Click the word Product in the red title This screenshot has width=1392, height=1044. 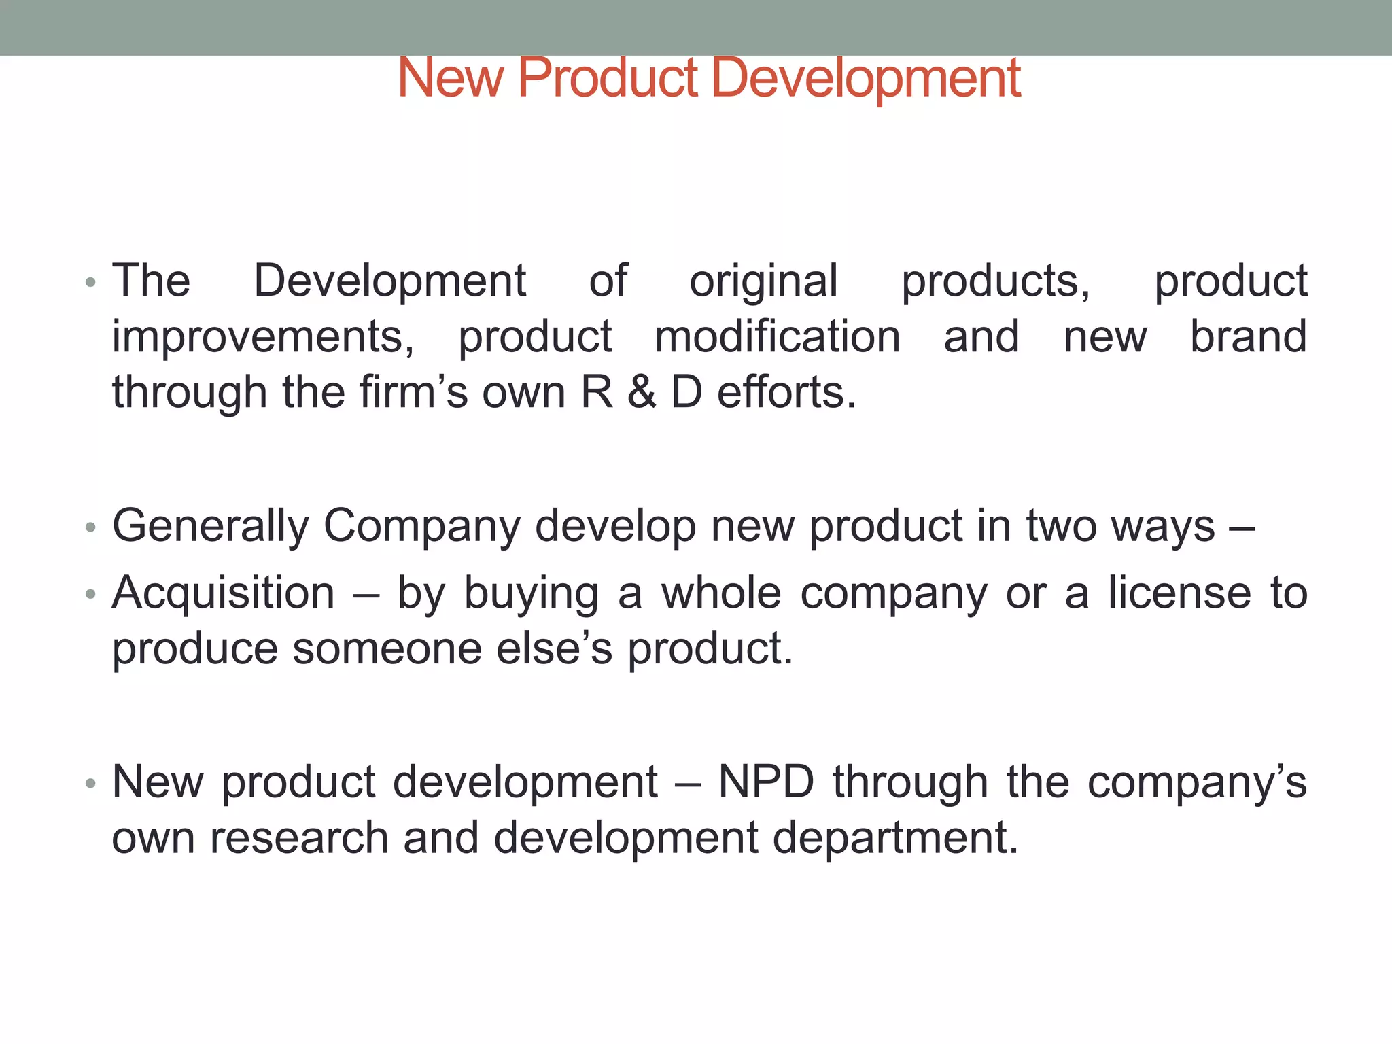pyautogui.click(x=608, y=77)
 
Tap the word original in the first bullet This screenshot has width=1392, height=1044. pyautogui.click(x=763, y=281)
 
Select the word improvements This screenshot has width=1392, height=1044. pyautogui.click(x=263, y=337)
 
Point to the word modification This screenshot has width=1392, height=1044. pyautogui.click(x=778, y=336)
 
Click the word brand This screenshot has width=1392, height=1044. pyautogui.click(x=1249, y=336)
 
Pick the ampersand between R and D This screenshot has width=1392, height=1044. pyautogui.click(x=642, y=393)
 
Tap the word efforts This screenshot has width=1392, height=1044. pyautogui.click(x=786, y=393)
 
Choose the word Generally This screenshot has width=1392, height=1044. pyautogui.click(x=211, y=526)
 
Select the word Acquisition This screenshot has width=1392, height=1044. pyautogui.click(x=224, y=593)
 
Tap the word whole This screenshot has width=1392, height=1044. pyautogui.click(x=721, y=593)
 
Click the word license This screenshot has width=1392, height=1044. pyautogui.click(x=1180, y=593)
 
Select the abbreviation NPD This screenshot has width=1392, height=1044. pyautogui.click(x=766, y=782)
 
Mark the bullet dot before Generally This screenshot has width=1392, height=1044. pyautogui.click(x=90, y=528)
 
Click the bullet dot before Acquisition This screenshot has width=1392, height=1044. pyautogui.click(x=90, y=595)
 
